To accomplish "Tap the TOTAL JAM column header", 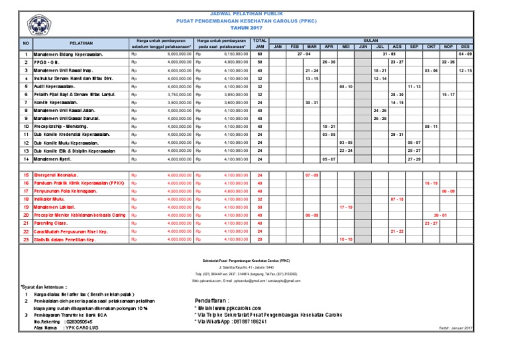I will [x=260, y=44].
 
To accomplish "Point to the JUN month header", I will [x=363, y=47].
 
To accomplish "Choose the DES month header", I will [x=465, y=47].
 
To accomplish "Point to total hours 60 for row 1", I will [x=260, y=54].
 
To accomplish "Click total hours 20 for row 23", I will [x=260, y=239].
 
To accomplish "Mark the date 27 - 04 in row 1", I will [x=305, y=54].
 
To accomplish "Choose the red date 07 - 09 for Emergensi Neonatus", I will [x=311, y=174].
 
